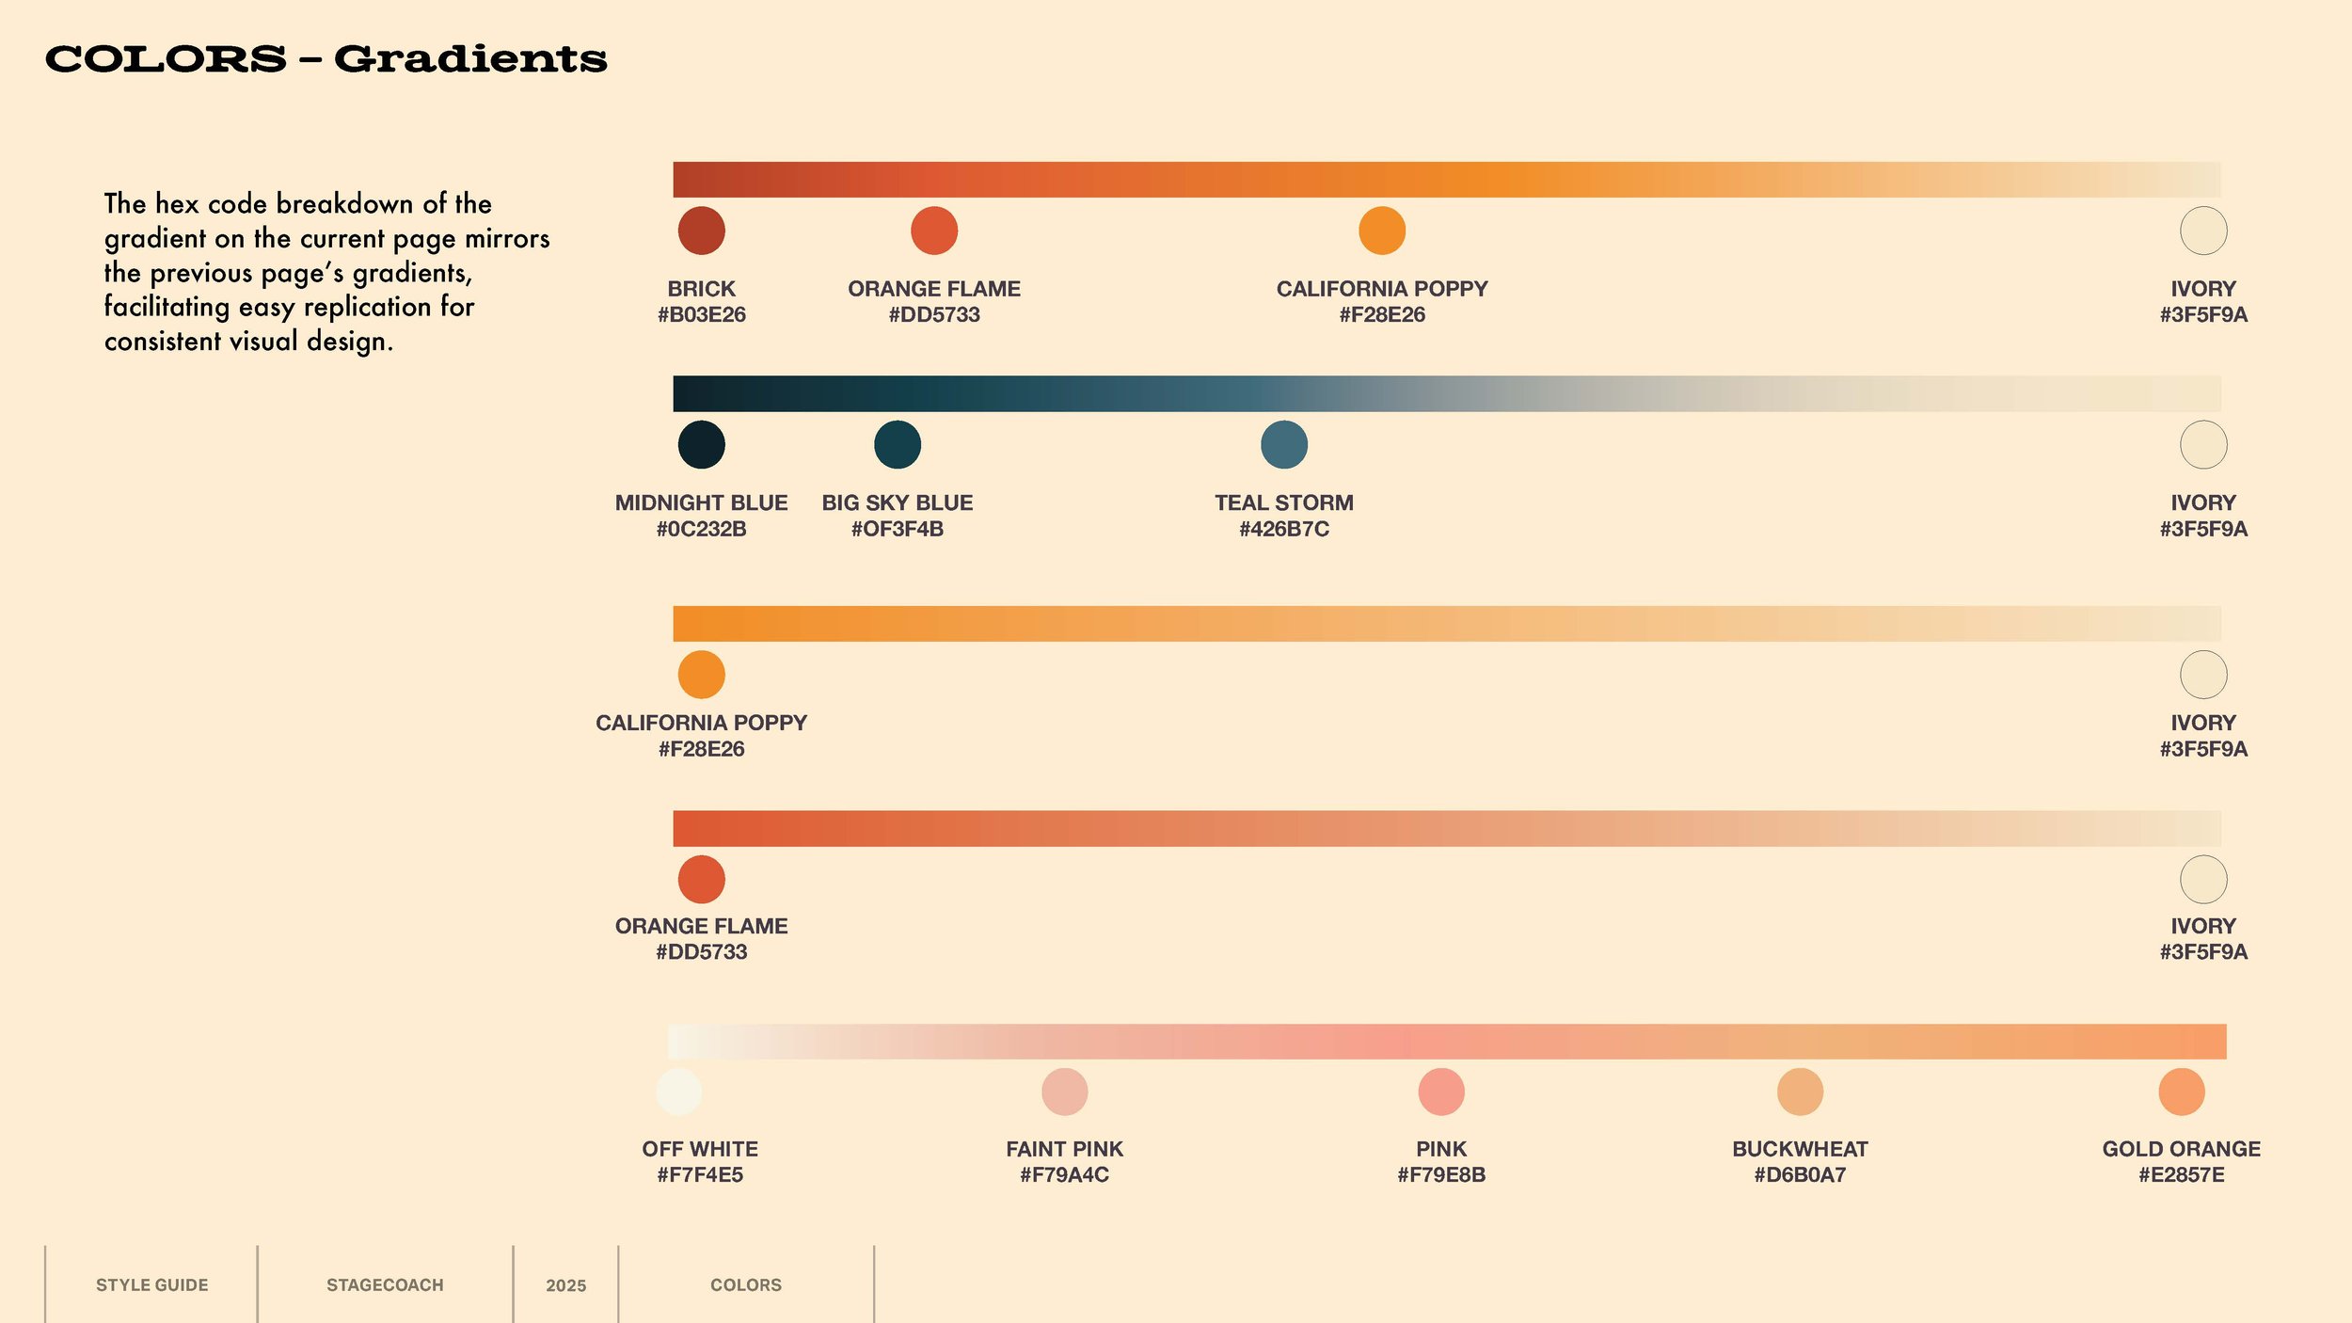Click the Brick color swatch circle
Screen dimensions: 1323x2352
[x=701, y=231]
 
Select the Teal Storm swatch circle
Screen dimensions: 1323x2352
[x=1283, y=444]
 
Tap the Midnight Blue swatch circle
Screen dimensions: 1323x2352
[x=701, y=444]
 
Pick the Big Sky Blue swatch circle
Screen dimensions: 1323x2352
[x=897, y=444]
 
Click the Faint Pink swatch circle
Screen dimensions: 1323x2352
[x=1064, y=1092]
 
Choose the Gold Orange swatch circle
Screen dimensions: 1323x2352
[x=2181, y=1092]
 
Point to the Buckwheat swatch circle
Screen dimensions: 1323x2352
[x=1800, y=1092]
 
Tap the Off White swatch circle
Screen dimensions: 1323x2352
[x=678, y=1092]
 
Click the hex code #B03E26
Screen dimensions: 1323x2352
[x=701, y=314]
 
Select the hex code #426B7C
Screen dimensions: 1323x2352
[x=1283, y=529]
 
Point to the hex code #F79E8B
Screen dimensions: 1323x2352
[x=1440, y=1174]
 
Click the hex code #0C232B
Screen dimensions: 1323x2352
[x=701, y=529]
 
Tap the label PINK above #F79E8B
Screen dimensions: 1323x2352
[x=1440, y=1149]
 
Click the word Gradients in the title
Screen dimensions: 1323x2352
[x=470, y=59]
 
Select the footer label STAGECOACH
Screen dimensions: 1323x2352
[x=385, y=1284]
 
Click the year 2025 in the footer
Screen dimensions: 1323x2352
[x=565, y=1285]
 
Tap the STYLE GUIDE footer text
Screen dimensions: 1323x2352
[x=151, y=1284]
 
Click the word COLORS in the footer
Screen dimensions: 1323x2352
[x=745, y=1284]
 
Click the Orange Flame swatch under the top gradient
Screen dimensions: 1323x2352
[x=933, y=231]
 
